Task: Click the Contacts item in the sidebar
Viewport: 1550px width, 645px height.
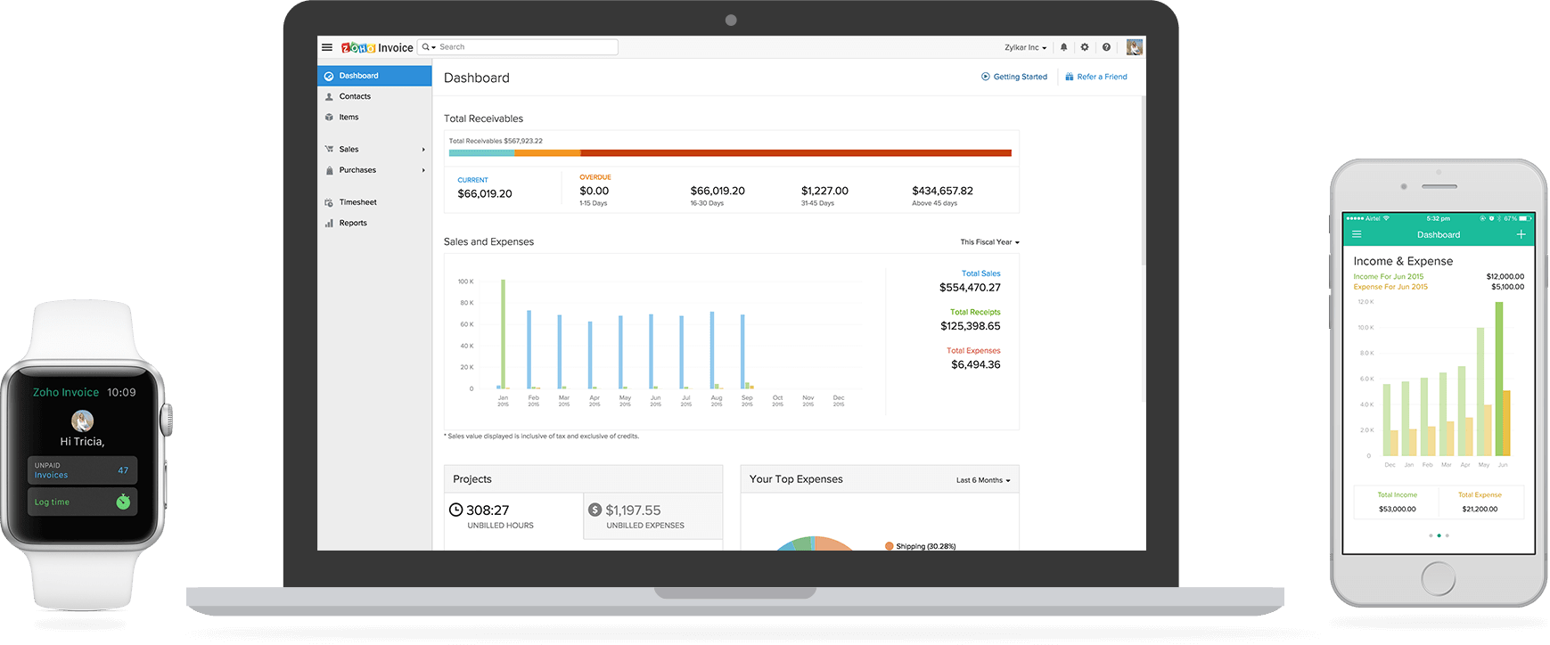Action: [x=355, y=96]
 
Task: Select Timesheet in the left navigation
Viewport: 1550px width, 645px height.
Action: [x=357, y=202]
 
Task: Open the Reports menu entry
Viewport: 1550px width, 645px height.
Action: [x=353, y=223]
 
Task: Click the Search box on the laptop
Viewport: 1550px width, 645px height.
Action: [x=526, y=47]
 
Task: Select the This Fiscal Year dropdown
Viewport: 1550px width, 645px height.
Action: [x=989, y=242]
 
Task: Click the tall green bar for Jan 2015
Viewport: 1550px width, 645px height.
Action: [x=504, y=334]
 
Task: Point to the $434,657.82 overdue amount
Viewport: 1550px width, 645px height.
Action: [x=942, y=191]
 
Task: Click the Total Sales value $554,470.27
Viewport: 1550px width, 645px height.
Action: [x=970, y=288]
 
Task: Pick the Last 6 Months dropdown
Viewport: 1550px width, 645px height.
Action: [x=983, y=480]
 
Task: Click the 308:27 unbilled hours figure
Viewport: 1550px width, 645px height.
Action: [x=488, y=510]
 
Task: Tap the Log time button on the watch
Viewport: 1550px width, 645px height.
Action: [x=82, y=502]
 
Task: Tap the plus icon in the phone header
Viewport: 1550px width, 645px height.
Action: [x=1521, y=234]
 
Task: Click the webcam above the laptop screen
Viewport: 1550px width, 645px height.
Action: [x=731, y=20]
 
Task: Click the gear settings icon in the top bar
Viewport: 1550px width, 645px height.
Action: [x=1085, y=47]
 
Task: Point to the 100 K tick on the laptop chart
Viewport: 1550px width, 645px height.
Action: [x=465, y=282]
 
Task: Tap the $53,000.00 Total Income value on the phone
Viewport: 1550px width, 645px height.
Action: [x=1397, y=510]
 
